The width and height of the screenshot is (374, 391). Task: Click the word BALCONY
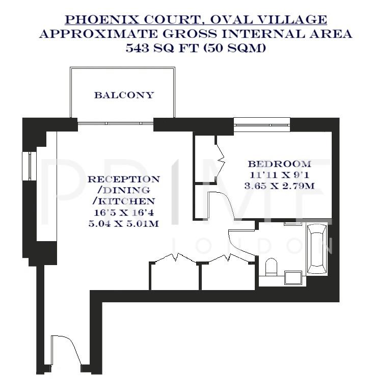pyautogui.click(x=123, y=95)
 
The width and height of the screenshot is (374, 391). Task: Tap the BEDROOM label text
pyautogui.click(x=279, y=164)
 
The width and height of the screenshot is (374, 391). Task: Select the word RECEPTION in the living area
pyautogui.click(x=123, y=179)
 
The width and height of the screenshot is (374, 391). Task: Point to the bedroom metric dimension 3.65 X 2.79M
pyautogui.click(x=279, y=186)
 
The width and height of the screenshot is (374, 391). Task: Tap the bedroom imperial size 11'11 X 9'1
pyautogui.click(x=279, y=175)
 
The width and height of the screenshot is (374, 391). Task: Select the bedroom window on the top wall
pyautogui.click(x=261, y=122)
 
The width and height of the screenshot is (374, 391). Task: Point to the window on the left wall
pyautogui.click(x=31, y=166)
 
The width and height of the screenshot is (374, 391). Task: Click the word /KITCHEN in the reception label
pyautogui.click(x=123, y=201)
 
